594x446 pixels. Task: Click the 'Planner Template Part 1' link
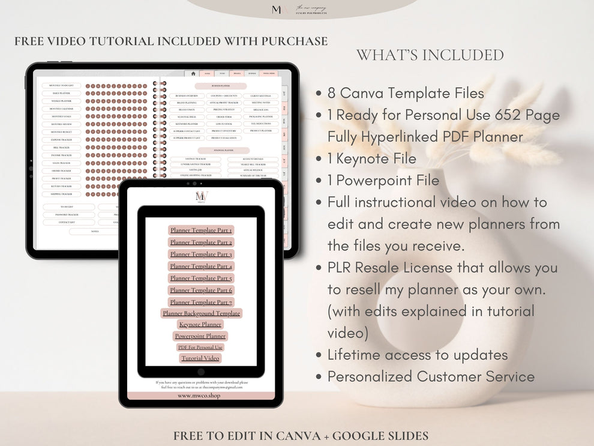pos(201,230)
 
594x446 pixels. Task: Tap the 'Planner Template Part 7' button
pos(201,302)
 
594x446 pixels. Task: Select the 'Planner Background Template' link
pos(201,313)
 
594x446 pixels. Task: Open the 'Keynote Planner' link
pos(200,325)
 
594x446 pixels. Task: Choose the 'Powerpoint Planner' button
pos(200,336)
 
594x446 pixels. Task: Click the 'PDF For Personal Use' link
pos(200,347)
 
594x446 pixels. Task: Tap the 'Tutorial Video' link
pos(200,358)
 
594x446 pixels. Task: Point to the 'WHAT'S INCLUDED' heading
pos(430,55)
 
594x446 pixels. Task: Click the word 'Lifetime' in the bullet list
pos(354,355)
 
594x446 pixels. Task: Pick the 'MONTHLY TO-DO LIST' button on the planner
pos(61,86)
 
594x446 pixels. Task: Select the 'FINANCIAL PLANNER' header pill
pos(224,150)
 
